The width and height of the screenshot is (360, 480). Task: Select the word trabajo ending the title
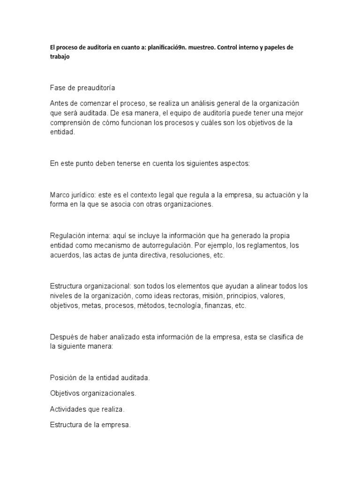[60, 56]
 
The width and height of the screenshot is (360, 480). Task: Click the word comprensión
[71, 123]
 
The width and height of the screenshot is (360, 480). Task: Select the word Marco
[59, 195]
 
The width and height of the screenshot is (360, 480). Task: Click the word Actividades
[67, 409]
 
